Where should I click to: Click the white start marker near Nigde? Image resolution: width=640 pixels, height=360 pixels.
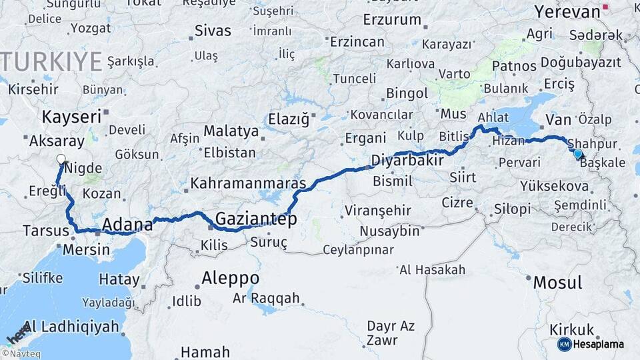(x=61, y=159)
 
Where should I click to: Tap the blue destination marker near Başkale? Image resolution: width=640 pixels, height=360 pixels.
(x=577, y=154)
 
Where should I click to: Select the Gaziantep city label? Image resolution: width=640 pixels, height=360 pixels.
(x=256, y=218)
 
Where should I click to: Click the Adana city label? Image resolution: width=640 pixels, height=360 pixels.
(x=127, y=224)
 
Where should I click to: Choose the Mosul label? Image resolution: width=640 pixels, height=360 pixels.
(x=557, y=282)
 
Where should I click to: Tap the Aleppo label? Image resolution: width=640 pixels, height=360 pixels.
(x=230, y=277)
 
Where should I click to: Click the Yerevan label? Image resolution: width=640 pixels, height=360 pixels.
(x=567, y=12)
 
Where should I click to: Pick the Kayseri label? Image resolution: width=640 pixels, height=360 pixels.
(x=71, y=117)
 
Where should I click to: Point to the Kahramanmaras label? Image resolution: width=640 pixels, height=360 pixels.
(x=248, y=183)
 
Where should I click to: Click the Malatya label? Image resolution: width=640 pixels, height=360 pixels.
(x=231, y=131)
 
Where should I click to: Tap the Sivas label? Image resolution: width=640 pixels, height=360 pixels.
(x=213, y=31)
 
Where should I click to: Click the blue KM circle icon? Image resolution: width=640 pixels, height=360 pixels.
(x=564, y=344)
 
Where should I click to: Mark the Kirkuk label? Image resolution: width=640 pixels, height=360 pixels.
(x=572, y=329)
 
